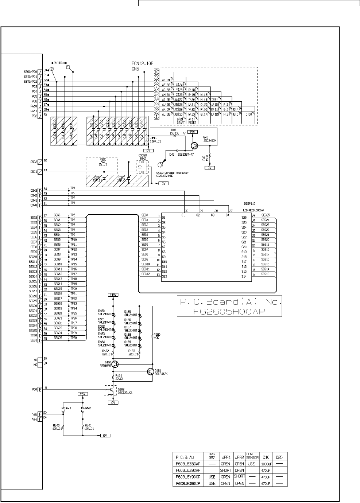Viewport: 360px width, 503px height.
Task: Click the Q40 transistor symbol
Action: (x=196, y=145)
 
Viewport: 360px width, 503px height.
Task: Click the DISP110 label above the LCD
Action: (x=249, y=204)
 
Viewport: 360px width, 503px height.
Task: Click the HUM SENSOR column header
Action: (x=252, y=456)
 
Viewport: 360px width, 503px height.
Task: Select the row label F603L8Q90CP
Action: (x=188, y=483)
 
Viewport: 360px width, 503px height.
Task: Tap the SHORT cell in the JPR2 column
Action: (x=239, y=476)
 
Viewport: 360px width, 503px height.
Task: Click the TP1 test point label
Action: (x=73, y=188)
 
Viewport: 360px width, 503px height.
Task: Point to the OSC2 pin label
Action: (x=34, y=161)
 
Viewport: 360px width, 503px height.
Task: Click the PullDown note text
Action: (x=61, y=62)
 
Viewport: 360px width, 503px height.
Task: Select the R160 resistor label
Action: (x=157, y=335)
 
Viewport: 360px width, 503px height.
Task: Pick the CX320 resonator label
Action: (x=142, y=155)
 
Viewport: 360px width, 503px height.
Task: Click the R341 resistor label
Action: (x=89, y=425)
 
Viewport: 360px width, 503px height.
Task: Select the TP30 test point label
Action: (x=73, y=338)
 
